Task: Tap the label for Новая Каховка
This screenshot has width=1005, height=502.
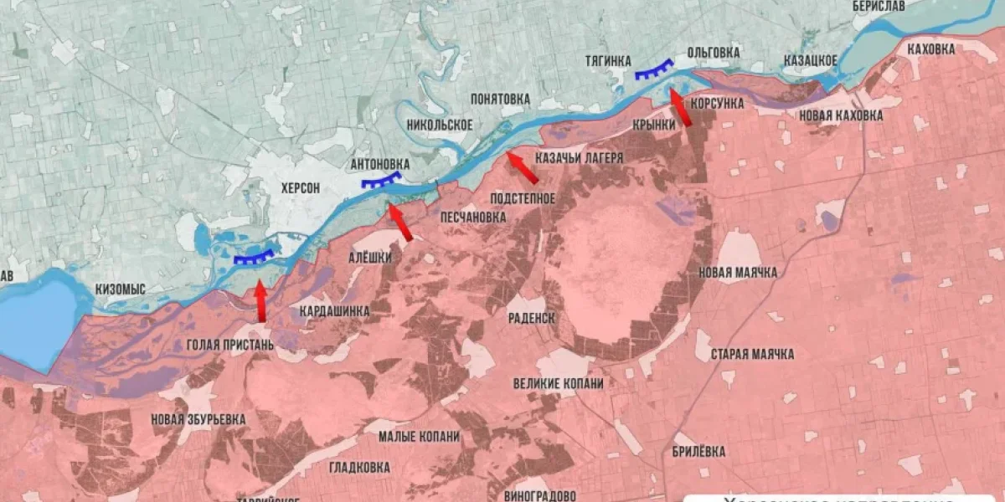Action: [841, 115]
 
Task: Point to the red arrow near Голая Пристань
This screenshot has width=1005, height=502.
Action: [260, 301]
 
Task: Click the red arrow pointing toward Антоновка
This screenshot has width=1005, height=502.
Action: [399, 223]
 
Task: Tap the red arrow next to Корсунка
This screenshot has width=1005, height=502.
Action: [681, 108]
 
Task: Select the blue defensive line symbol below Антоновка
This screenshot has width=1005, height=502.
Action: [380, 181]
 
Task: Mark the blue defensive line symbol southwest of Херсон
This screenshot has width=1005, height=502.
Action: [254, 258]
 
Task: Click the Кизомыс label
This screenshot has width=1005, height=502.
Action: [120, 289]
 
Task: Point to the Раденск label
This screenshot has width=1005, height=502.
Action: [532, 318]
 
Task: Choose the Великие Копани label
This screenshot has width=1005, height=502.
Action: [558, 383]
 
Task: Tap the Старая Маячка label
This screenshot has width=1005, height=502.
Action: [752, 354]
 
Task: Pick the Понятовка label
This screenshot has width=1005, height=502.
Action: [500, 99]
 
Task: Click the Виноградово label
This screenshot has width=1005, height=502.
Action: [540, 494]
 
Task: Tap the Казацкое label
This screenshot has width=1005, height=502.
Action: [810, 60]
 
